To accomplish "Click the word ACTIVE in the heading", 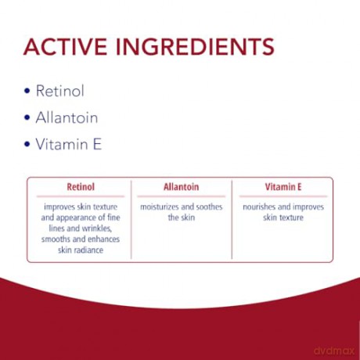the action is click(65, 47).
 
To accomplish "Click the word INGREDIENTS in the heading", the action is click(195, 47).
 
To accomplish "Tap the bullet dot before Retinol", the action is click(27, 91).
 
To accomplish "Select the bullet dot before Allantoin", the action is click(27, 117).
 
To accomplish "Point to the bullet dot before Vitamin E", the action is click(27, 144).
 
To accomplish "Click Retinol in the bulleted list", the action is click(60, 91).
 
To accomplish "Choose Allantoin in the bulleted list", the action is click(67, 117).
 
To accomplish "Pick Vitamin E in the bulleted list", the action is click(69, 144).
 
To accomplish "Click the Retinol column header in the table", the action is click(81, 187).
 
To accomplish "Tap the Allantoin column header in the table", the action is click(182, 187).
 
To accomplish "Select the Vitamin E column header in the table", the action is click(283, 187).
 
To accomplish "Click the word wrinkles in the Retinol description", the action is click(97, 229).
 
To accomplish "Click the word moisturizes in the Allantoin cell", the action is click(160, 207).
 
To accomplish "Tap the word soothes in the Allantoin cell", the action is click(209, 207).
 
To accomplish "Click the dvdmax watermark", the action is click(334, 351).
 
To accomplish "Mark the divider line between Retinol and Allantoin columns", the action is click(131, 220).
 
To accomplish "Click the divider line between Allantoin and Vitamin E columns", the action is click(232, 220).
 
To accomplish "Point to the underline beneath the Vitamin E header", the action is click(283, 196).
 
